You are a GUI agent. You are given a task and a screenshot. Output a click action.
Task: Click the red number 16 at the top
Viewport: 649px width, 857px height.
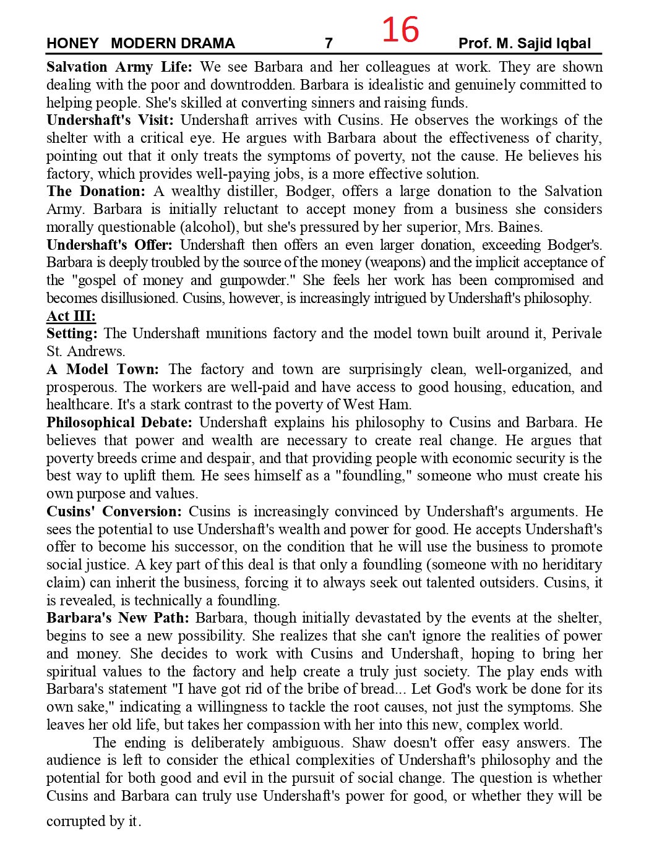[400, 30]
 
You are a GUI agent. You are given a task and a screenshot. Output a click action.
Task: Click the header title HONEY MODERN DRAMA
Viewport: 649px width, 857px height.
[140, 43]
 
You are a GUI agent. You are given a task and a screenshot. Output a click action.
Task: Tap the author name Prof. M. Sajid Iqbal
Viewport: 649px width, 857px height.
[524, 43]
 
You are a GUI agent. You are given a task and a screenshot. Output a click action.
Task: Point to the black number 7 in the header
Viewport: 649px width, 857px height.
[329, 43]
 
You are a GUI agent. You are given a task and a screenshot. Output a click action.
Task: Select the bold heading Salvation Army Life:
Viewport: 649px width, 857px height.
[119, 67]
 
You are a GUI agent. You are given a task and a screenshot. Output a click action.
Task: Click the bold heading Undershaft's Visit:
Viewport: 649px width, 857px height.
[110, 120]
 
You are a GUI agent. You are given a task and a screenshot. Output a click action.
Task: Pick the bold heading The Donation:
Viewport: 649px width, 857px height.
[96, 191]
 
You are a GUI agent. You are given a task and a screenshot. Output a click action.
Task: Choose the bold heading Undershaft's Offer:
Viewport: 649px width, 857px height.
[110, 245]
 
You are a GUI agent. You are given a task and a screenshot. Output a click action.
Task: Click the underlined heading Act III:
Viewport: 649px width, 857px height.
[71, 316]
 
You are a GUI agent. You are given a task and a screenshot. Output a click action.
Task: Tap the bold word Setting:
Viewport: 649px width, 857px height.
[72, 333]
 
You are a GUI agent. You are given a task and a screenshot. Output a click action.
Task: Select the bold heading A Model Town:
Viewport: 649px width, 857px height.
[102, 369]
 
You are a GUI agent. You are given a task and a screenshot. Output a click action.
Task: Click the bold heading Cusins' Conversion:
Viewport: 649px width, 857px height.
[114, 511]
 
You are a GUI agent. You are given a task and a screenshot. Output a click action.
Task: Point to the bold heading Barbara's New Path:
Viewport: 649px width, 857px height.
[118, 618]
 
